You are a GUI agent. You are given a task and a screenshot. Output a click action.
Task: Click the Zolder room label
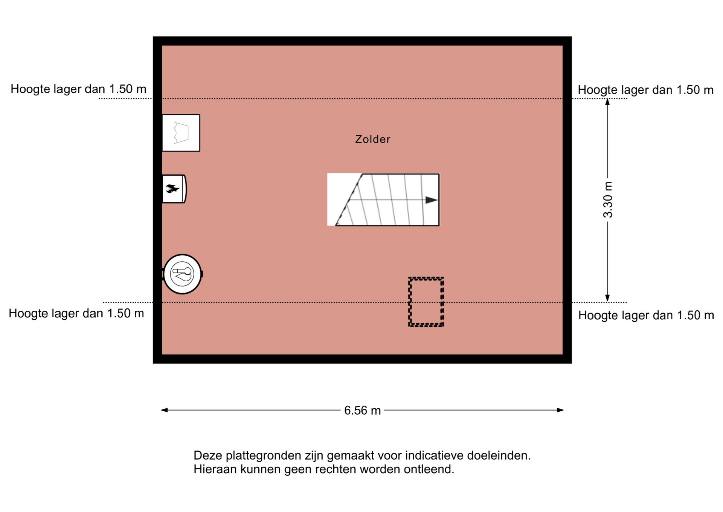click(x=372, y=139)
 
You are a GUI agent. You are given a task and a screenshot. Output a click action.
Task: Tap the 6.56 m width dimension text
click(x=362, y=410)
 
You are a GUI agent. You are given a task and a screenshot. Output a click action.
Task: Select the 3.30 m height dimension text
click(x=608, y=200)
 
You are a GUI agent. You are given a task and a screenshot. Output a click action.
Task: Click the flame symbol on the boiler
click(x=172, y=189)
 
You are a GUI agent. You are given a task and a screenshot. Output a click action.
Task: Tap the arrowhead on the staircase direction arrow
click(x=432, y=200)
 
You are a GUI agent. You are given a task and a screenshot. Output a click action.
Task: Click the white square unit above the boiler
click(x=181, y=133)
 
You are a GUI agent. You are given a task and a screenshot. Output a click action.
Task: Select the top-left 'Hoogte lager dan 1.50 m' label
click(x=78, y=89)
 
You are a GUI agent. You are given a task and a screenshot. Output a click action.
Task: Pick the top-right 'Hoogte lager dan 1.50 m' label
click(x=645, y=90)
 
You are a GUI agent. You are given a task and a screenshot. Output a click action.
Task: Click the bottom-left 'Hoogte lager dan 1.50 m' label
click(x=76, y=313)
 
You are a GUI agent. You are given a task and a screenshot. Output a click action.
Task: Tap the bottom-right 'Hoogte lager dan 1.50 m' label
click(x=646, y=315)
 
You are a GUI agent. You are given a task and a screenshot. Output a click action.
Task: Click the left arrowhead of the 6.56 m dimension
click(x=164, y=410)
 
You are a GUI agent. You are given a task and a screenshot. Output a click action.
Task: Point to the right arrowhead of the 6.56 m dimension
click(x=560, y=410)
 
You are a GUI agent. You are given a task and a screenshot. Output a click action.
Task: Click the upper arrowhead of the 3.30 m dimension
click(x=607, y=102)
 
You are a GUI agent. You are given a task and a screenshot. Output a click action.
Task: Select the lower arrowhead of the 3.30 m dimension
click(x=607, y=298)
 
